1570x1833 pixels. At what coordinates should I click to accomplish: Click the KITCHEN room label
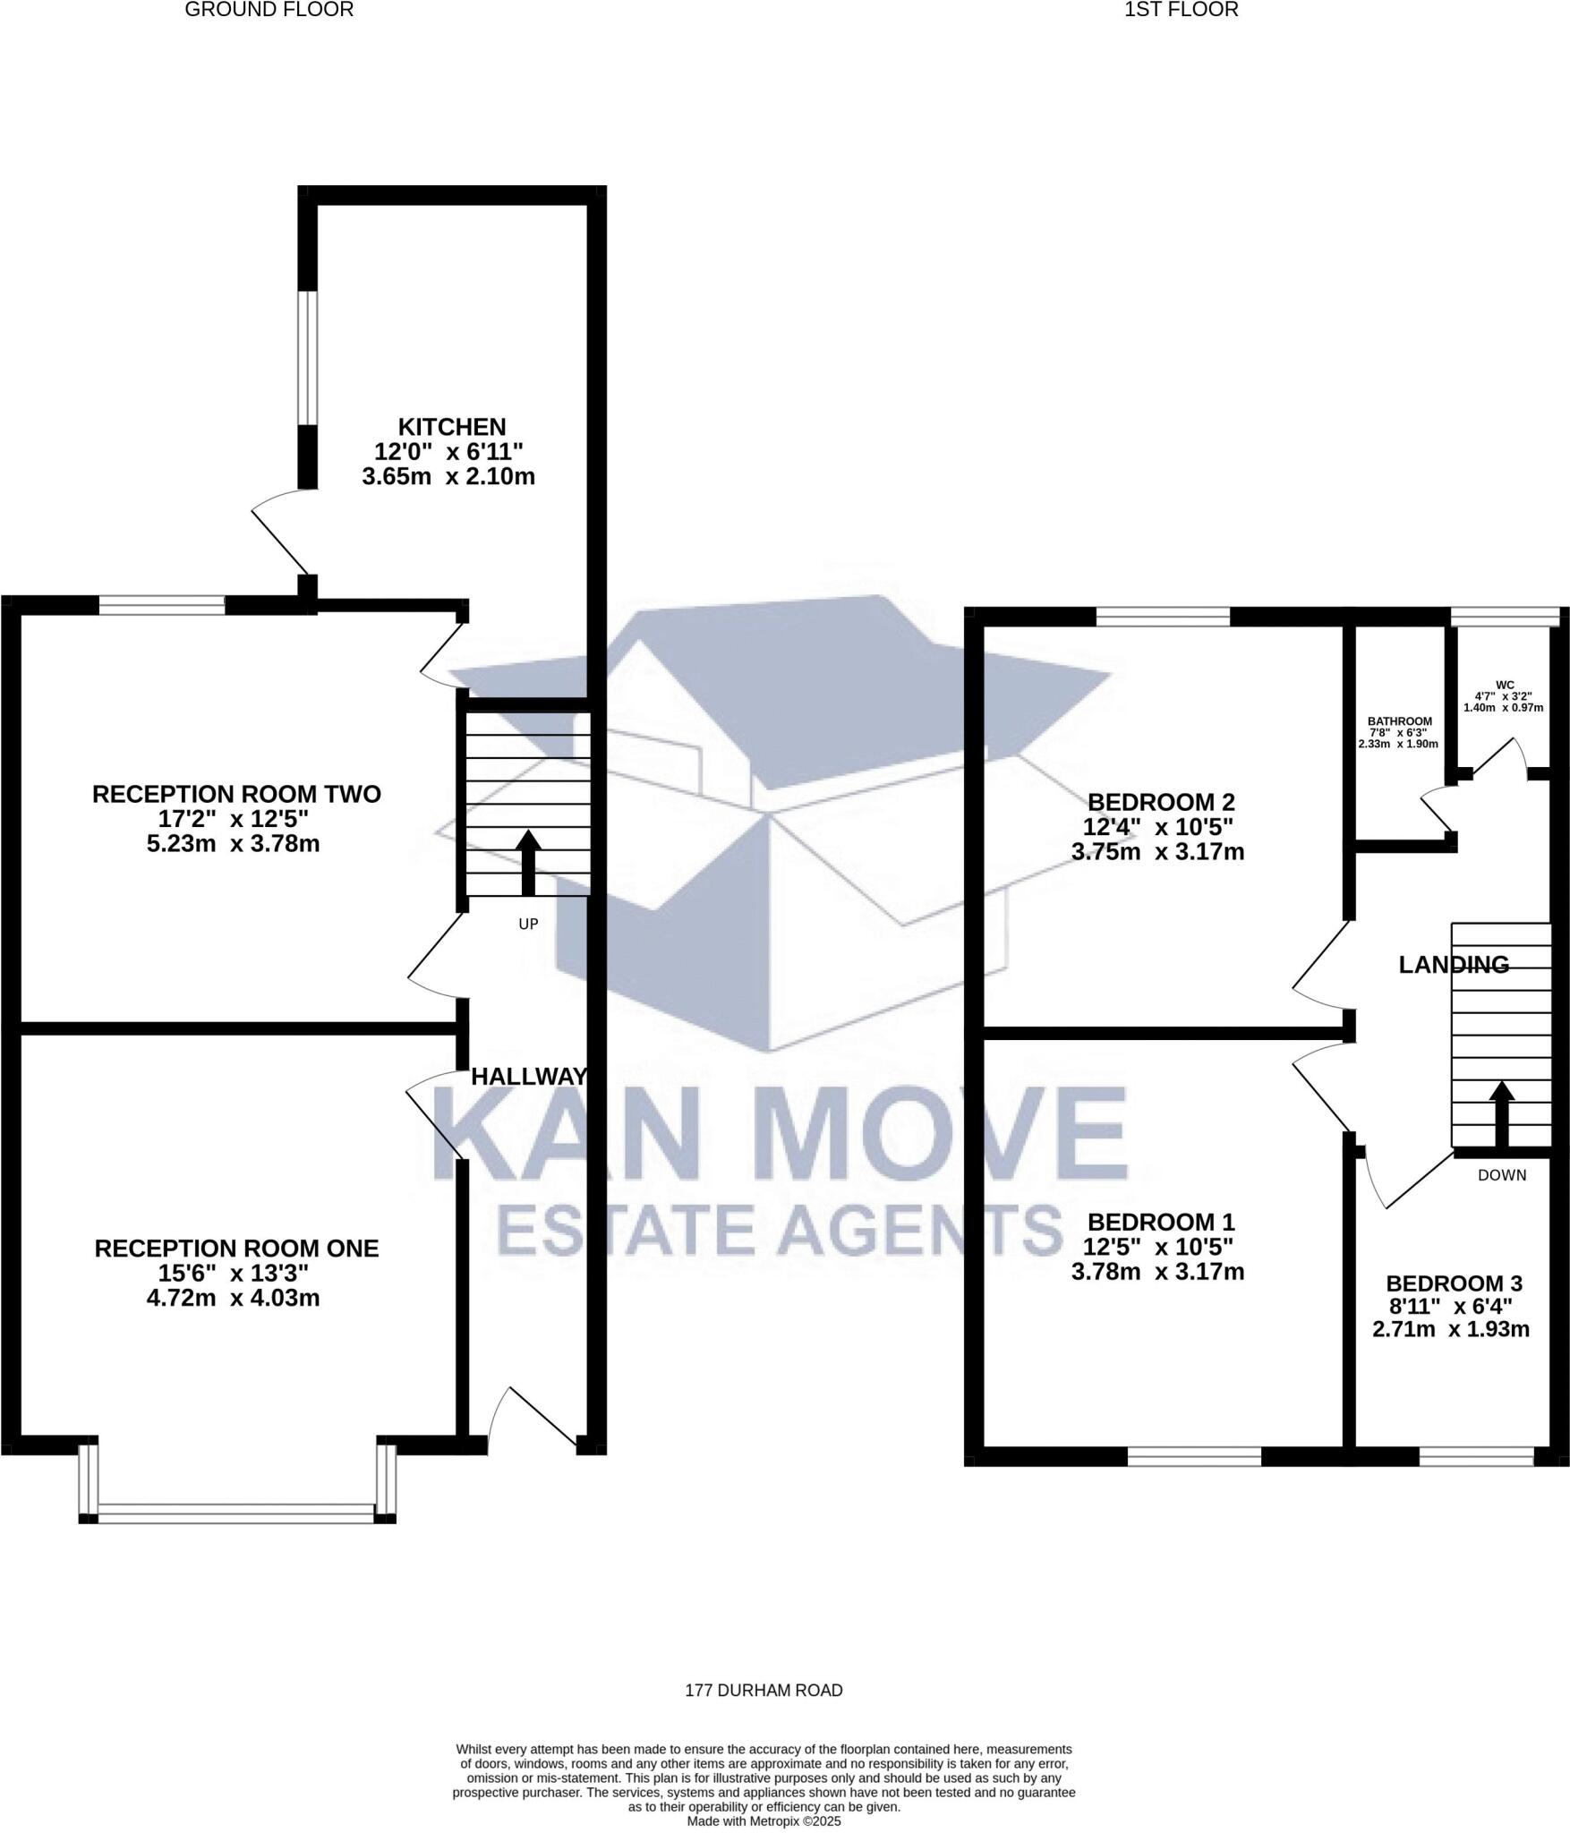(451, 427)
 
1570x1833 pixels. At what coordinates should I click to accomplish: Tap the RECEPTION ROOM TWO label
(236, 794)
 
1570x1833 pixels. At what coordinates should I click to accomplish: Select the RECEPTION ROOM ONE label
(236, 1249)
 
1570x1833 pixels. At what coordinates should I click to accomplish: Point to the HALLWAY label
(529, 1077)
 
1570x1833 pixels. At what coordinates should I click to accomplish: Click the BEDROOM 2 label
(1160, 802)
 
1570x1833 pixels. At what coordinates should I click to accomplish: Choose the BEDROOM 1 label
(1161, 1223)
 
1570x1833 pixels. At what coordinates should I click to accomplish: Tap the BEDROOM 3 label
(1454, 1284)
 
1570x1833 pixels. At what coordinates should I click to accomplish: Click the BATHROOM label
(1399, 721)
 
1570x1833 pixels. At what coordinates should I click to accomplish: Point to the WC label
(1505, 685)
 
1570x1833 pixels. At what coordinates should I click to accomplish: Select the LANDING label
(1454, 965)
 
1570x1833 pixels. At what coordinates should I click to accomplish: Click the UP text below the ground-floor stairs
(528, 924)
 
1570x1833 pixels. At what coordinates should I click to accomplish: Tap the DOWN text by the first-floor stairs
(1502, 1175)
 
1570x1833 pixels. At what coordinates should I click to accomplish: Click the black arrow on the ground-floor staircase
(528, 863)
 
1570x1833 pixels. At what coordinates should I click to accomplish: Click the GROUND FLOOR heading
(269, 10)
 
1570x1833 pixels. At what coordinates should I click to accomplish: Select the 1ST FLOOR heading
(1181, 10)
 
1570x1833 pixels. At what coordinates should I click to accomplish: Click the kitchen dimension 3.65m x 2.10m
(448, 477)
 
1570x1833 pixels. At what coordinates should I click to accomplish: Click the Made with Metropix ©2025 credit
(764, 1820)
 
